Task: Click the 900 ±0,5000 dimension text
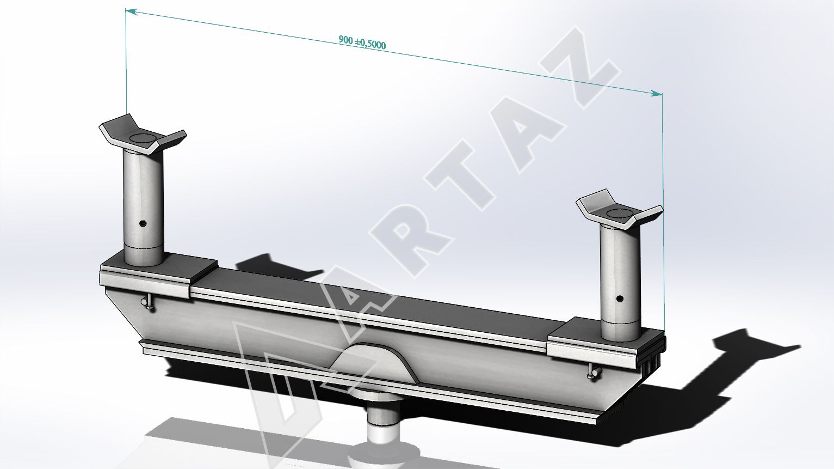point(362,42)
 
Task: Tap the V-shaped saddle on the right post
point(620,211)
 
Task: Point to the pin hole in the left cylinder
point(143,224)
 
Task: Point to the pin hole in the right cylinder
point(619,299)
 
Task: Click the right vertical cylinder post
point(620,283)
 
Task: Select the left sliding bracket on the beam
point(158,275)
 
